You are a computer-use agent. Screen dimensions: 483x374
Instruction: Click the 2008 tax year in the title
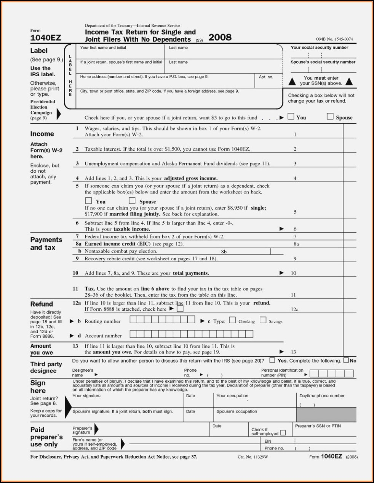point(220,37)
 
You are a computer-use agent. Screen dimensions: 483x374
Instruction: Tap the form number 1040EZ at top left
point(45,38)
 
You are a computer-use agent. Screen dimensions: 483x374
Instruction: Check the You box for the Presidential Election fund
point(291,117)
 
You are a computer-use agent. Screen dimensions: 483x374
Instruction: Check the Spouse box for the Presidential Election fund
point(330,117)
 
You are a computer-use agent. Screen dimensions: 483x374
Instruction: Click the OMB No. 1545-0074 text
point(334,39)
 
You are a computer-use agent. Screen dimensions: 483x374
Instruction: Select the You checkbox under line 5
point(89,201)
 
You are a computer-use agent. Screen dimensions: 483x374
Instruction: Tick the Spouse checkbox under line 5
point(132,201)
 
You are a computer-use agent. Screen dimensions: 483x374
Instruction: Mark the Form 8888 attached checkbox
point(180,309)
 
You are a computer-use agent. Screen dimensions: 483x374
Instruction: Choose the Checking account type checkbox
point(232,321)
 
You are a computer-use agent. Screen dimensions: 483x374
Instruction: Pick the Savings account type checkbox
point(263,321)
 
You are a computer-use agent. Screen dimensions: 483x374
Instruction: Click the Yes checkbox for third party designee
point(272,360)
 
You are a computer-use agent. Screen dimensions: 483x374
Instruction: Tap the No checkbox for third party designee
point(346,360)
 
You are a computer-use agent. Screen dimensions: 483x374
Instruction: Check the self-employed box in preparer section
point(283,433)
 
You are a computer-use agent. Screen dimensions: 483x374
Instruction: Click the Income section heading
point(42,134)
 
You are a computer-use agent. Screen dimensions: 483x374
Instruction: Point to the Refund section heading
point(42,304)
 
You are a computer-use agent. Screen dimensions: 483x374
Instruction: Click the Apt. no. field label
point(266,77)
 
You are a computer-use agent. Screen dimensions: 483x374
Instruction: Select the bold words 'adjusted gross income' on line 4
point(191,178)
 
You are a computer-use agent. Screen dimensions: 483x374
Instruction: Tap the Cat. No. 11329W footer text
point(253,457)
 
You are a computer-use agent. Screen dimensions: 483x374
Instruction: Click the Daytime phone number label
point(322,396)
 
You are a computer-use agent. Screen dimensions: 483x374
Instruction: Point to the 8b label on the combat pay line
point(224,252)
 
